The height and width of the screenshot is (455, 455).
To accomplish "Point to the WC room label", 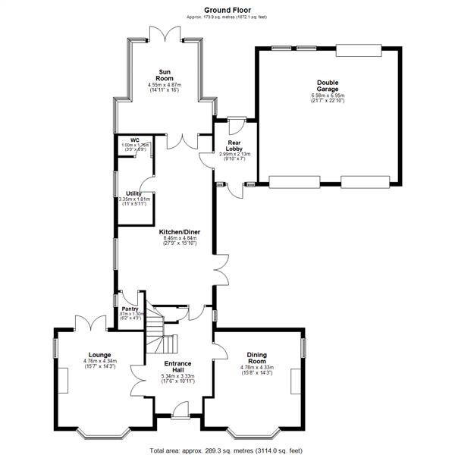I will tap(134, 140).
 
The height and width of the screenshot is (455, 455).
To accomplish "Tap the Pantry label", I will tap(130, 309).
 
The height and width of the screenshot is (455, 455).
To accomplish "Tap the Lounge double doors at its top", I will tap(93, 322).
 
